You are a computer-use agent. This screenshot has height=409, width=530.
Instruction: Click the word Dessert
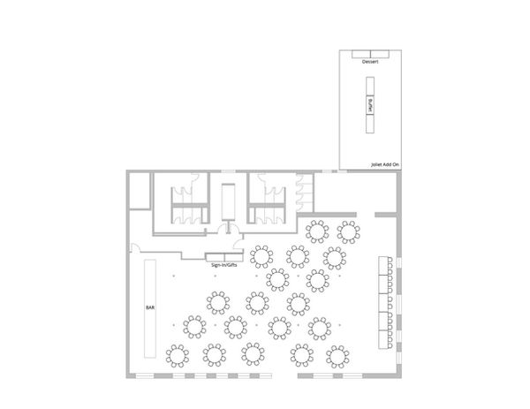[x=370, y=62]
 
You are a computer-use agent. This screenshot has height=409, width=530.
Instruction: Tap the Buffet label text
[x=370, y=105]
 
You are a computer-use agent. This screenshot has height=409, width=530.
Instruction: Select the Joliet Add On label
[x=385, y=165]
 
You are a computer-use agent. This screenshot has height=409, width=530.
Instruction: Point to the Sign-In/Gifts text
[x=224, y=265]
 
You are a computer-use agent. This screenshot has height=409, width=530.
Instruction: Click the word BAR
[x=150, y=307]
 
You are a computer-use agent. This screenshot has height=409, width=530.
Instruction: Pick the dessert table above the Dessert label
[x=370, y=54]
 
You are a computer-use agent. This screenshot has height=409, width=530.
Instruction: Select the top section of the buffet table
[x=370, y=87]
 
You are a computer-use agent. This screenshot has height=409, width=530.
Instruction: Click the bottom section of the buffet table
[x=370, y=124]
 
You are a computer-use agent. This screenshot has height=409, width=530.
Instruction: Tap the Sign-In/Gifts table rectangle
[x=224, y=257]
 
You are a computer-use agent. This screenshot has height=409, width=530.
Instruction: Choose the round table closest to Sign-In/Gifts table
[x=261, y=257]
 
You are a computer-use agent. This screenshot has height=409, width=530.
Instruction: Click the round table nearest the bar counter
[x=178, y=356]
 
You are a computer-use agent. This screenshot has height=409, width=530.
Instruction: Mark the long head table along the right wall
[x=385, y=302]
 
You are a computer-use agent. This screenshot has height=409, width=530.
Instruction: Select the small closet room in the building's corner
[x=140, y=191]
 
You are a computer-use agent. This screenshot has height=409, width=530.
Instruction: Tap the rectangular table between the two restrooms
[x=228, y=201]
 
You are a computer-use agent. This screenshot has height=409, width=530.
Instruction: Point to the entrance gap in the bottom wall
[x=284, y=375]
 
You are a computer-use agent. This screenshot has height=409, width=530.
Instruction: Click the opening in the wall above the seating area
[x=366, y=215]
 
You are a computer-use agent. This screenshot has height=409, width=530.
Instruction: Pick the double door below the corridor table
[x=228, y=229]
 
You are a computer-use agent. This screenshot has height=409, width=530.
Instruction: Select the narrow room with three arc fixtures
[x=305, y=193]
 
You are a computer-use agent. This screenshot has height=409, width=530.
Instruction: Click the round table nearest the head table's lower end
[x=337, y=357]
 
